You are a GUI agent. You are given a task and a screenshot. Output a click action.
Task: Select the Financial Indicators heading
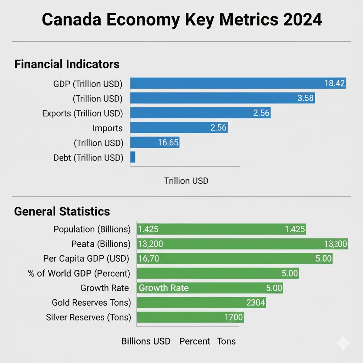[x=67, y=64]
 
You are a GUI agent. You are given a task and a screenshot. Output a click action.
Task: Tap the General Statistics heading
[x=62, y=211]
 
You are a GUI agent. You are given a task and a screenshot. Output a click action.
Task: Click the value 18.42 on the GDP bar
[x=334, y=83]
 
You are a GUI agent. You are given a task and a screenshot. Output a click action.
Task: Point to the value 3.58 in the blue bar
[x=305, y=98]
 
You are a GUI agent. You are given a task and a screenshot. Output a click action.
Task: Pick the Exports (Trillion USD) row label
[x=82, y=113]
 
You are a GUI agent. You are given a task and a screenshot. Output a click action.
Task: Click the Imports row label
[x=107, y=128]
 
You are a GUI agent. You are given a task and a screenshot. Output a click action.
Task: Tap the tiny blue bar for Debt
[x=133, y=157]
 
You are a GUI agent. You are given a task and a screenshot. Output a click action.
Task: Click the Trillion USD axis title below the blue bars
[x=186, y=181]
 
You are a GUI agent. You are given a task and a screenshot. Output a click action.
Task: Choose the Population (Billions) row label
[x=92, y=229]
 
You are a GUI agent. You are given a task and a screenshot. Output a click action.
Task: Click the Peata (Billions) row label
[x=101, y=244]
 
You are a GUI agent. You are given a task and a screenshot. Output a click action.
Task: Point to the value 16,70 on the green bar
[x=149, y=259]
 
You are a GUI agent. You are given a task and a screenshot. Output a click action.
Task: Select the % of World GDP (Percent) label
[x=79, y=273]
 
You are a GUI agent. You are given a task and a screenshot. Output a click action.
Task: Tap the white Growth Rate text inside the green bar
[x=163, y=288]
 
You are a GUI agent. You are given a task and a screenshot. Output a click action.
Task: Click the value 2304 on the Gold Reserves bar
[x=255, y=302]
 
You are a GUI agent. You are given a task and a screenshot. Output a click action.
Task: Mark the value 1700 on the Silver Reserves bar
[x=234, y=317]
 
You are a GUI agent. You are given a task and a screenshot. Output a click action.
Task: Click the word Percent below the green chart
[x=195, y=341]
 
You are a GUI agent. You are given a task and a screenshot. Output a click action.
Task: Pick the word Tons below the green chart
[x=226, y=341]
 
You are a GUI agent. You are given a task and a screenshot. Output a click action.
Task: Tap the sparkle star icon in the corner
[x=343, y=343]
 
